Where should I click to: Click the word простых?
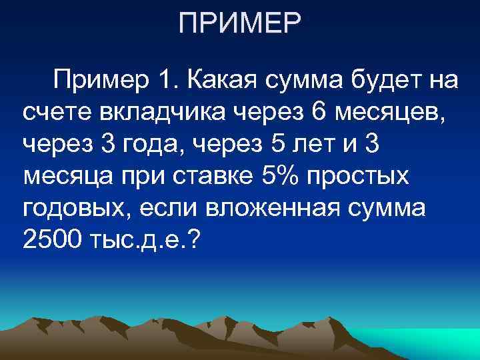365,176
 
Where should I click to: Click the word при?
136,176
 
